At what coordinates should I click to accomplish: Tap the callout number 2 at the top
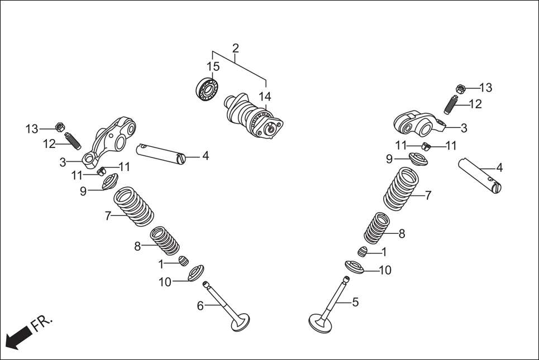[x=235, y=47]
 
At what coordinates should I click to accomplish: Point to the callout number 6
[x=200, y=305]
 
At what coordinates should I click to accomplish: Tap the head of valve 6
[x=240, y=322]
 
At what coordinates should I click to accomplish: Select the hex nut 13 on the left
[x=60, y=126]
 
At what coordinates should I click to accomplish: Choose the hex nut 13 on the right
[x=461, y=88]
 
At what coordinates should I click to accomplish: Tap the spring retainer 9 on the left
[x=109, y=182]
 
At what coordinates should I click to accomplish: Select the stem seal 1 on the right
[x=363, y=252]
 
